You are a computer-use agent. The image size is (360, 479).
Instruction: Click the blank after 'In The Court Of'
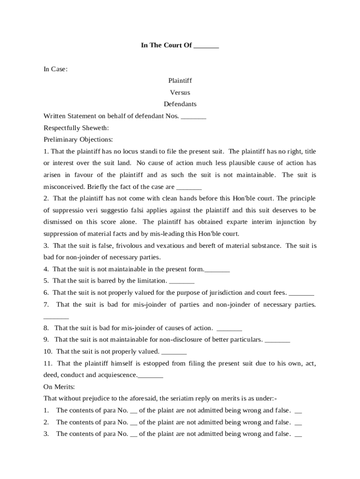tap(206, 46)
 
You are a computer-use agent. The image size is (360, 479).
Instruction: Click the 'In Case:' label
tap(56, 69)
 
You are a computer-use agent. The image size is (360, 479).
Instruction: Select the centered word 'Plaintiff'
tap(180, 81)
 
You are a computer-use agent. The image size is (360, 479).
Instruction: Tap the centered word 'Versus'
tap(180, 93)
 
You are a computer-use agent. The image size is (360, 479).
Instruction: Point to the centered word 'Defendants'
tap(180, 104)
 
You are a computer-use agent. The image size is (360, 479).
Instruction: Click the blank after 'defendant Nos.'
tap(194, 116)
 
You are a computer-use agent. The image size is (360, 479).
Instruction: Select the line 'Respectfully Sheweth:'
tap(76, 128)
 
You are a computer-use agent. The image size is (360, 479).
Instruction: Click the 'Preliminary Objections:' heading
tap(78, 139)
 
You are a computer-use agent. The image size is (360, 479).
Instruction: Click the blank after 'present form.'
tap(217, 270)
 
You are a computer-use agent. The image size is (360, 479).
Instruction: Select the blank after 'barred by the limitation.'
tap(181, 282)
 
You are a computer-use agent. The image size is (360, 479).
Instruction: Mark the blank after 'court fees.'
tap(302, 293)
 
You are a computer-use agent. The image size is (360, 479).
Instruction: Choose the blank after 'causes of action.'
tap(230, 329)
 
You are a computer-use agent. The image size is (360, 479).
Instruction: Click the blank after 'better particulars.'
tap(278, 340)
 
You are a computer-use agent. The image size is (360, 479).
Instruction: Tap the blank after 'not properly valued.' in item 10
tap(174, 352)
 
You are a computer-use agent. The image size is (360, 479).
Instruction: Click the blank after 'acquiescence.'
tap(151, 376)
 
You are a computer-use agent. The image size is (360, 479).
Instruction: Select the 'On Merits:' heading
tap(59, 387)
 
